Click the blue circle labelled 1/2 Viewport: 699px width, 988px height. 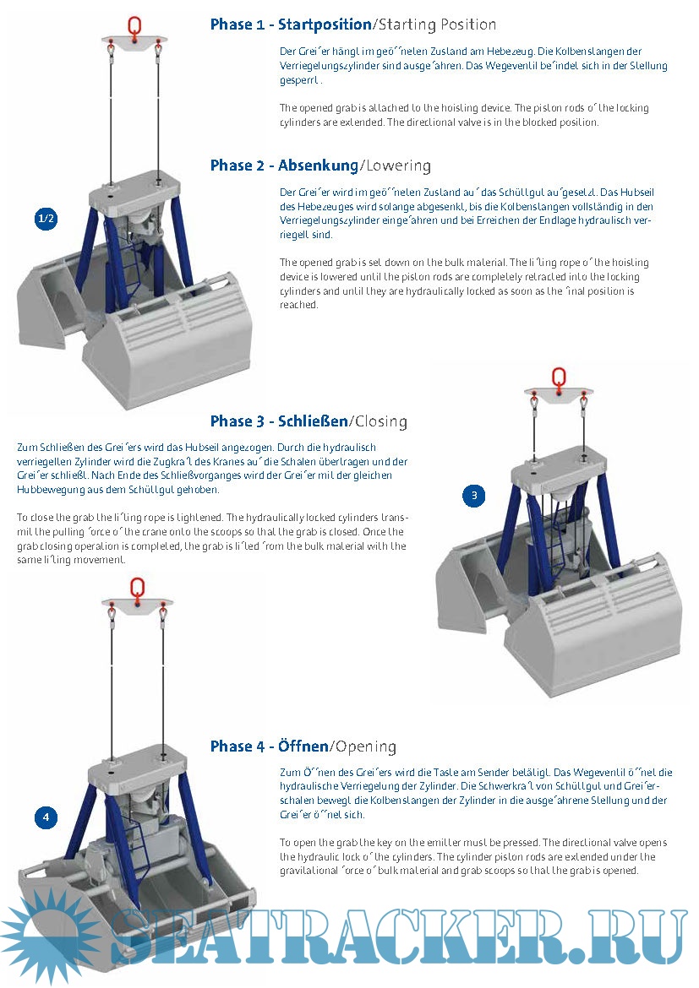[46, 220]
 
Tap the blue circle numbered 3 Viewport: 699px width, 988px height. [474, 496]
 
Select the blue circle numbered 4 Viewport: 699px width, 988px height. [46, 817]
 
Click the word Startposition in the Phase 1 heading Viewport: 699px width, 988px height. [325, 24]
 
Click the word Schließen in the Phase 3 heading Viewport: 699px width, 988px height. [313, 421]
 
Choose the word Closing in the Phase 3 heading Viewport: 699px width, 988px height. [380, 421]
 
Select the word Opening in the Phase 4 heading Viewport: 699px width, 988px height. [366, 746]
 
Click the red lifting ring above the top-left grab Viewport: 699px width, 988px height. [134, 25]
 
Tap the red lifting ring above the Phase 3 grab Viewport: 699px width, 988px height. [558, 377]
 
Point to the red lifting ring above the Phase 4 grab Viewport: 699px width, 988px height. [136, 588]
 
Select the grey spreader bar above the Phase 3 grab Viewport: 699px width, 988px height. [558, 394]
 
